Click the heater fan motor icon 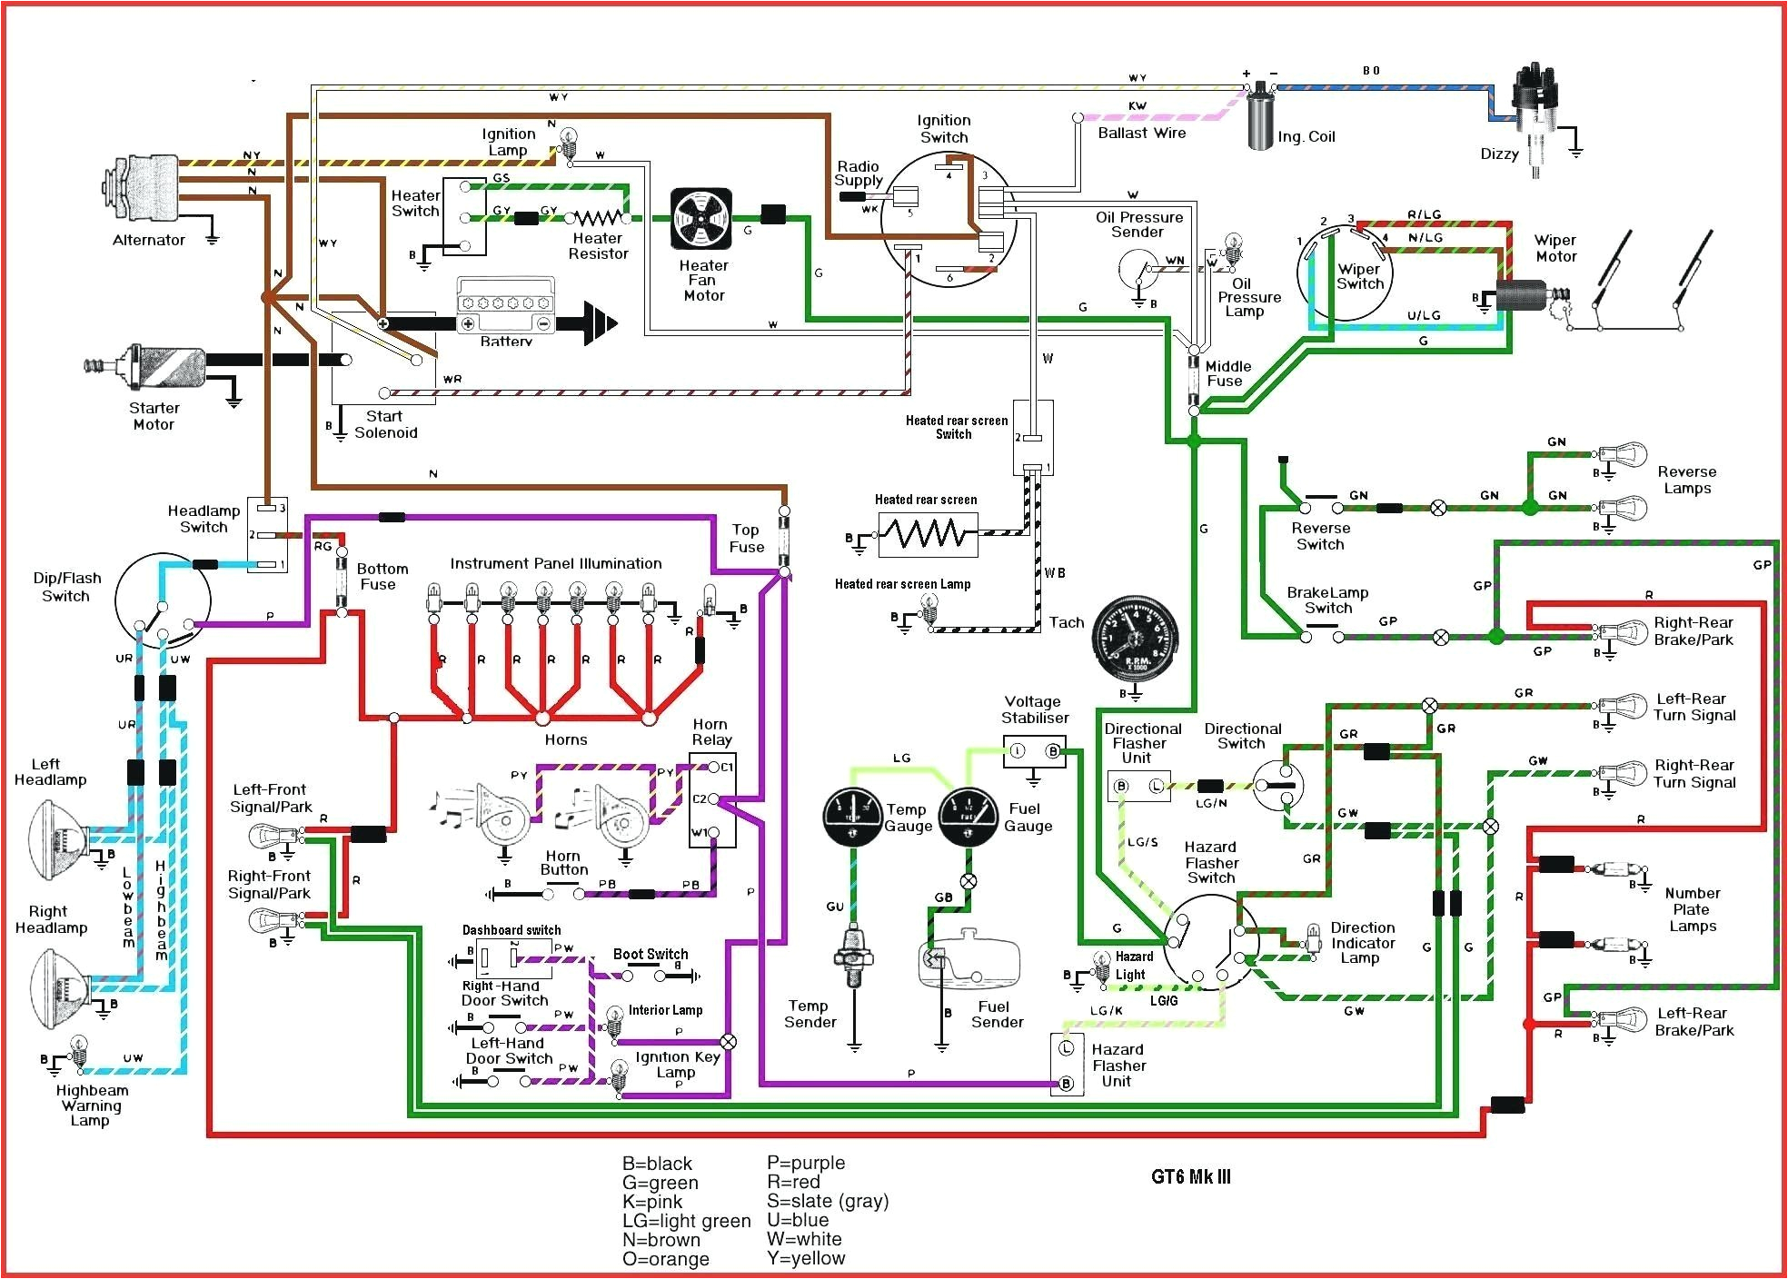pos(700,219)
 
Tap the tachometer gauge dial pos(1134,635)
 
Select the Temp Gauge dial pos(852,817)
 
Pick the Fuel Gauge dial pos(968,817)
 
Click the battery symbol pos(505,309)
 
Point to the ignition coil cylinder pos(1260,116)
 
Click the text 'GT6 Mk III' pos(1190,1177)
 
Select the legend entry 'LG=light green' pos(686,1221)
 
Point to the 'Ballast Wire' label pos(1141,134)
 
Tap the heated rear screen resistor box pos(928,534)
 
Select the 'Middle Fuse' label pos(1227,373)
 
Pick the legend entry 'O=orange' pos(665,1259)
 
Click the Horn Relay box pos(712,800)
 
